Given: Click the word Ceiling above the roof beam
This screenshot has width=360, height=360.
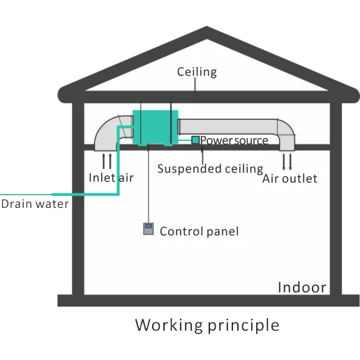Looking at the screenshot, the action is (x=197, y=72).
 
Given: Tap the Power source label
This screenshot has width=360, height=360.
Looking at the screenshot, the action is (x=234, y=140).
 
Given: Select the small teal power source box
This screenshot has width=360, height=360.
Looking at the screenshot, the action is (x=195, y=140).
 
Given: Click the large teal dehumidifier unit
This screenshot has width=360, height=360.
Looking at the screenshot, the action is (x=156, y=128).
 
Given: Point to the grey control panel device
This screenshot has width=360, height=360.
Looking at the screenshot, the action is (x=149, y=229).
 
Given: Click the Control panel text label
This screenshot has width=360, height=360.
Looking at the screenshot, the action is (x=200, y=232).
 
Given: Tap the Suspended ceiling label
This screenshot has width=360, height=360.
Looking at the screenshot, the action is (x=210, y=169).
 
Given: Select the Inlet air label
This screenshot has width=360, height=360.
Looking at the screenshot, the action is (x=111, y=178).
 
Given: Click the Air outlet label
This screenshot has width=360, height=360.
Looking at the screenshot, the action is (x=290, y=179).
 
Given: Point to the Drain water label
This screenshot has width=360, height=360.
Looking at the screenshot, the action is (x=35, y=204).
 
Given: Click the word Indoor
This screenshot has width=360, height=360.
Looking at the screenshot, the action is (x=302, y=287).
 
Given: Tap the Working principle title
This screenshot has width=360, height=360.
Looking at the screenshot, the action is (x=207, y=325).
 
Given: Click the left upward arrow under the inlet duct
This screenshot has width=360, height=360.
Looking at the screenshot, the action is (x=104, y=161).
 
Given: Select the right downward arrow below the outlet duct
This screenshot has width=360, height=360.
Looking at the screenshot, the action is (x=290, y=162).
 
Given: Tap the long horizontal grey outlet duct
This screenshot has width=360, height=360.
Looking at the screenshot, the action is (x=228, y=126).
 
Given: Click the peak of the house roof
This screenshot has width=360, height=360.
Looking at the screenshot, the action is (x=207, y=27).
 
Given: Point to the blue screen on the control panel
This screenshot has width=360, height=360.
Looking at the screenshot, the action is (x=149, y=226).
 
